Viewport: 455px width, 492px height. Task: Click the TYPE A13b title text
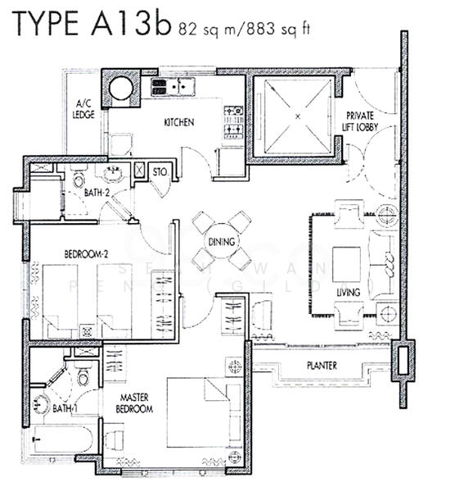coord(90,25)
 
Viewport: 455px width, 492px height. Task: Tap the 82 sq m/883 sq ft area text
coord(242,30)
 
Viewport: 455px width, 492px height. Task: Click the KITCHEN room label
coord(179,123)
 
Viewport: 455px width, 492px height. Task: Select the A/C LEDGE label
coord(83,110)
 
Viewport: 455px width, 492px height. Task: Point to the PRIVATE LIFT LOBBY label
coord(360,121)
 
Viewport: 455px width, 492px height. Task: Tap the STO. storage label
coord(160,172)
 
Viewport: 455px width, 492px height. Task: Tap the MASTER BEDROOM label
coord(133,403)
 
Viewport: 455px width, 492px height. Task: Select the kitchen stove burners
coord(233,121)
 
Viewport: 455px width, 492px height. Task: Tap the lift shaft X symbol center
coord(297,116)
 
